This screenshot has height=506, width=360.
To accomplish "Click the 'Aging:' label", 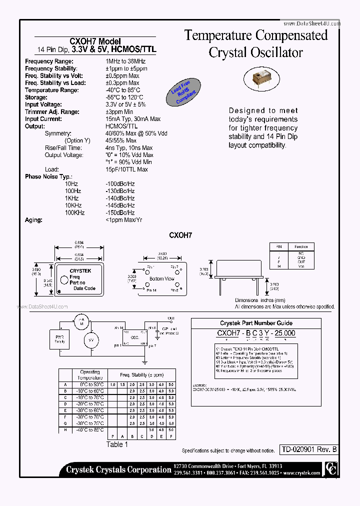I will [34, 220].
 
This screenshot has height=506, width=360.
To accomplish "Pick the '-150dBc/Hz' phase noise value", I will [120, 213].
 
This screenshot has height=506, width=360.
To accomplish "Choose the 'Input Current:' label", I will [43, 119].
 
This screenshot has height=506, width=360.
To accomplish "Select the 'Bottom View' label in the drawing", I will [162, 278].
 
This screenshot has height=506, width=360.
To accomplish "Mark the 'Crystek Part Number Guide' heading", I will [256, 323].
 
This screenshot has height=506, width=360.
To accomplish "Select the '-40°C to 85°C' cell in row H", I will [90, 429].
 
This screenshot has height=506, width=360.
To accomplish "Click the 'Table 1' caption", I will [117, 444].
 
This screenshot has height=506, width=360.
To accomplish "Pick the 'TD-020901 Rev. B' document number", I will [308, 449].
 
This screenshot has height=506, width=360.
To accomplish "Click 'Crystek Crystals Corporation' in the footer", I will [118, 469].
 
